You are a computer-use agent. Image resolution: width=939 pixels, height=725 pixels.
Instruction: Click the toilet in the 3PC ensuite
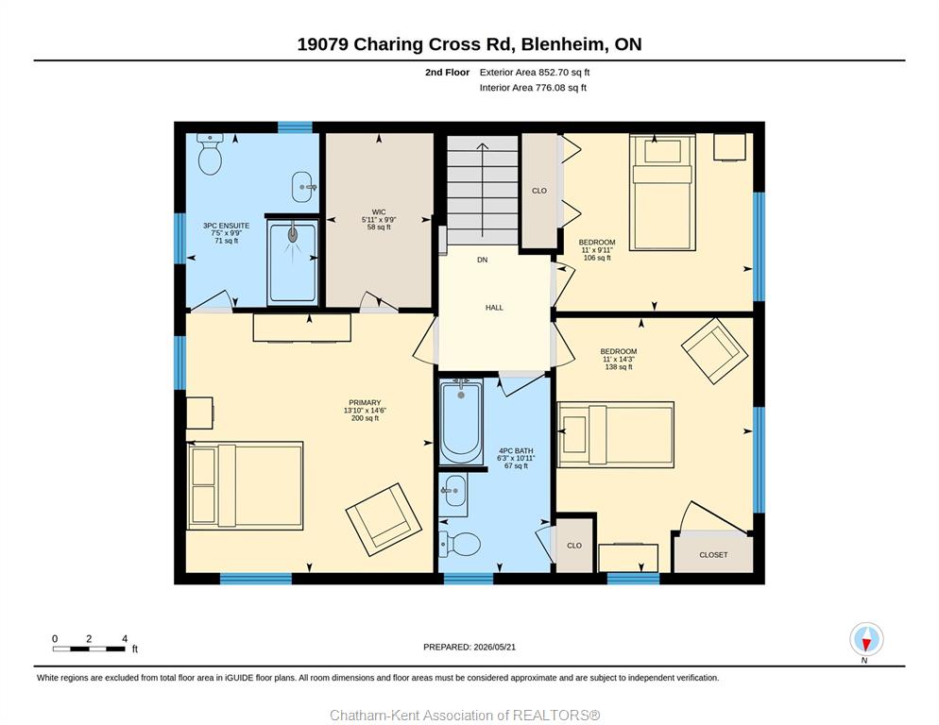[x=211, y=154]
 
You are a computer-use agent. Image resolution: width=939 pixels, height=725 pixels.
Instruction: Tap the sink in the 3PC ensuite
[x=303, y=188]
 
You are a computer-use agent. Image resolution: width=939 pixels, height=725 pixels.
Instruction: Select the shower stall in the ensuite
[x=292, y=261]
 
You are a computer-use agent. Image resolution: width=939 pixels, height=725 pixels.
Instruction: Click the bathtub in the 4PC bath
[x=460, y=421]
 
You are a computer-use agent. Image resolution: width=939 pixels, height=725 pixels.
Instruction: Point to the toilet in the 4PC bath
[x=460, y=544]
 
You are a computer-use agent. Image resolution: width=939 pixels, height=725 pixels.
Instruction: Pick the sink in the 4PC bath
[x=452, y=495]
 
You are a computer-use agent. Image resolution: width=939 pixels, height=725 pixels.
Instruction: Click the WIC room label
[x=379, y=212]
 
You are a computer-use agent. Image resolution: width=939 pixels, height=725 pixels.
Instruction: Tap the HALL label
[x=494, y=308]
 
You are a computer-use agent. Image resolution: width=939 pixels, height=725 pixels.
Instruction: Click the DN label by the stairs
[x=482, y=260]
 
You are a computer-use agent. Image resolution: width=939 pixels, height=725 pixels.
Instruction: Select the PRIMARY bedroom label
[x=365, y=403]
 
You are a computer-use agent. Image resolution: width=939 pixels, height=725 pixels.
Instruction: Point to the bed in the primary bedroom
[x=245, y=485]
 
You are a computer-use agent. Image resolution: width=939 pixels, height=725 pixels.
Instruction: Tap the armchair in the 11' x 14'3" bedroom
[x=714, y=351]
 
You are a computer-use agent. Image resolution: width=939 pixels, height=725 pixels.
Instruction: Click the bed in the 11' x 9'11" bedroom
[x=662, y=193]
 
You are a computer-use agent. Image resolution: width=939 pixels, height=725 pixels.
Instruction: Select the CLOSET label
[x=713, y=555]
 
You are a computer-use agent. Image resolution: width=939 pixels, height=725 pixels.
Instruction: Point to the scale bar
[x=89, y=649]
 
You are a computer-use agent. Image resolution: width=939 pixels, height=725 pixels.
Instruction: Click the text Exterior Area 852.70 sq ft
[x=535, y=73]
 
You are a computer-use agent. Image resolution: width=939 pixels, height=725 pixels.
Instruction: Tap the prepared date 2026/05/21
[x=495, y=648]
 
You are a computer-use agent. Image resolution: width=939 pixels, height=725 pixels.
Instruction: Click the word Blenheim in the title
[x=564, y=44]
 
